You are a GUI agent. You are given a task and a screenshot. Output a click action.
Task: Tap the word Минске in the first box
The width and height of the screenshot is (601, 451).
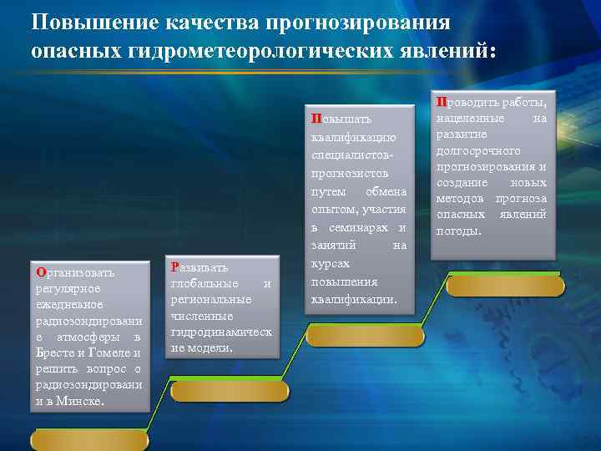tap(83, 401)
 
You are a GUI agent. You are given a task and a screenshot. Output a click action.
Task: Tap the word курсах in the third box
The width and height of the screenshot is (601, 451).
tap(328, 263)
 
